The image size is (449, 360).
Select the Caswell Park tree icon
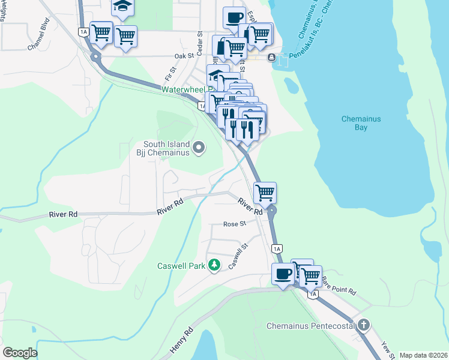[214, 266]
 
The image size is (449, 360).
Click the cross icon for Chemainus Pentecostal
[363, 326]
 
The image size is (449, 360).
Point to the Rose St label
[235, 224]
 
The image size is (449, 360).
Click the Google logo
[20, 353]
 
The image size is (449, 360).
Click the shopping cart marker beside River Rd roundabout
[265, 193]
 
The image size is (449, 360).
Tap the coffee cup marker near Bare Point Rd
[284, 275]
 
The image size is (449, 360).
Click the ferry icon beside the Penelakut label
[272, 58]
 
